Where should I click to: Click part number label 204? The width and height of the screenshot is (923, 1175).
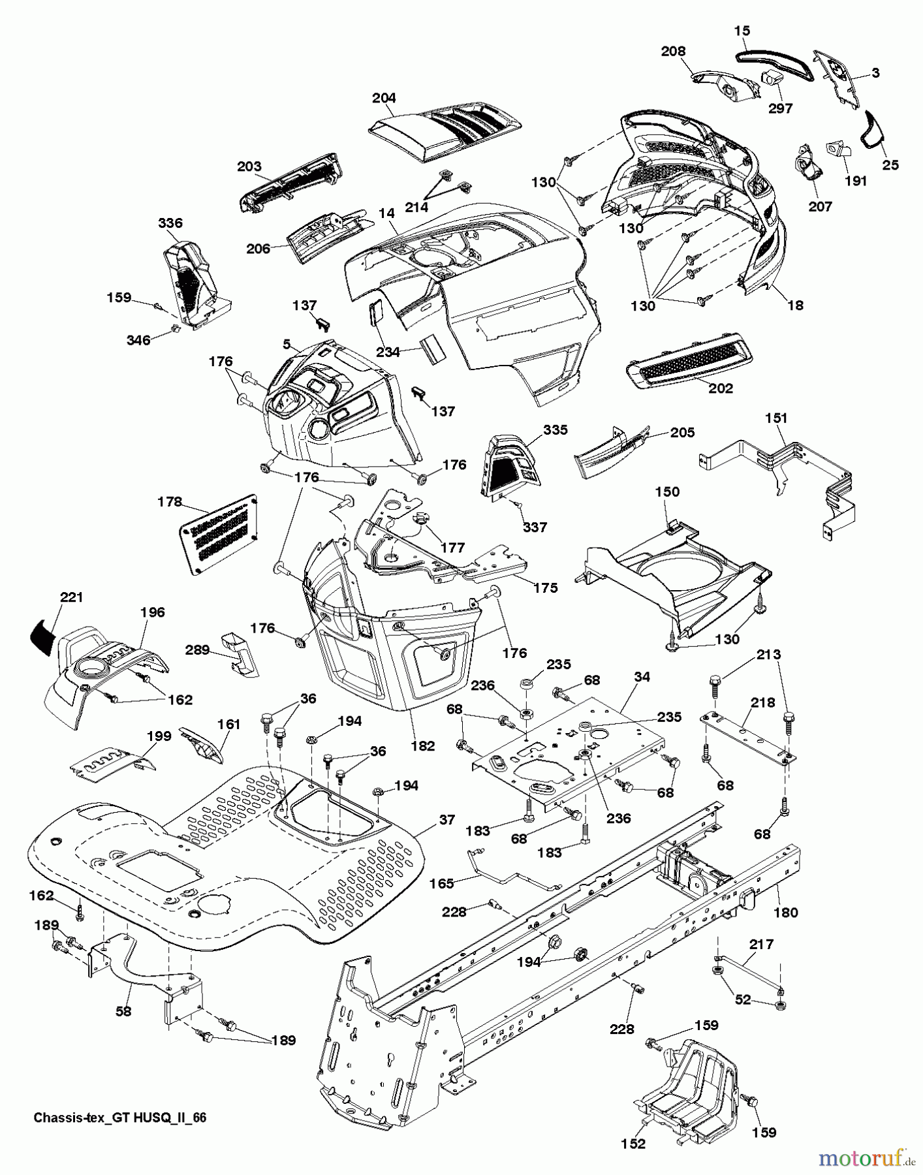pos(384,99)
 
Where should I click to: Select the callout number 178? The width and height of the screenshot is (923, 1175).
pos(170,502)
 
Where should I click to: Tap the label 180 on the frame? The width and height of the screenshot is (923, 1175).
pos(785,912)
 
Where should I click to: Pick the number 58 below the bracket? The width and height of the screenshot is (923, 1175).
pos(123,1011)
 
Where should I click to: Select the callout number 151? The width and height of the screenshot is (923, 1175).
pos(777,418)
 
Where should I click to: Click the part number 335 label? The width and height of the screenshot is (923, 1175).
pos(555,430)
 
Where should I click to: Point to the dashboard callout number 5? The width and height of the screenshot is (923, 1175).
pos(285,341)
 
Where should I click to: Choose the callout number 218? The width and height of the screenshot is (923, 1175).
pos(763,702)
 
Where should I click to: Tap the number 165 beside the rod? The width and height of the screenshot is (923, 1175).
pos(443,884)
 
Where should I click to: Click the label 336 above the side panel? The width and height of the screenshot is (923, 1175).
pos(170,223)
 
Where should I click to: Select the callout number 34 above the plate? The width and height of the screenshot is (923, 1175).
pos(642,677)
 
